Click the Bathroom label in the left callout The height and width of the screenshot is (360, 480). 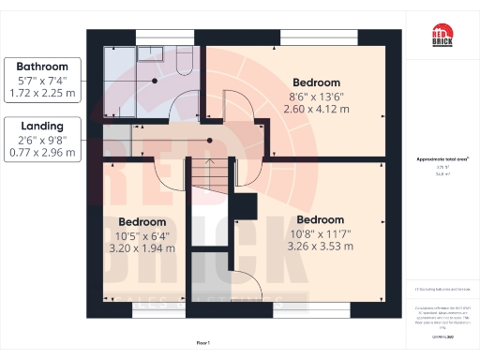pos(41,67)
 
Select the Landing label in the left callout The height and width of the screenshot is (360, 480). pos(41,126)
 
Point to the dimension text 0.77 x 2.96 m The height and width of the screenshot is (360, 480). pos(41,153)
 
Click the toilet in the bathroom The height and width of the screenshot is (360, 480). pos(184,60)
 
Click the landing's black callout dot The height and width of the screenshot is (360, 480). pos(210,141)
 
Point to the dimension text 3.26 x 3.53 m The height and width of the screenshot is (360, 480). pos(320,247)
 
